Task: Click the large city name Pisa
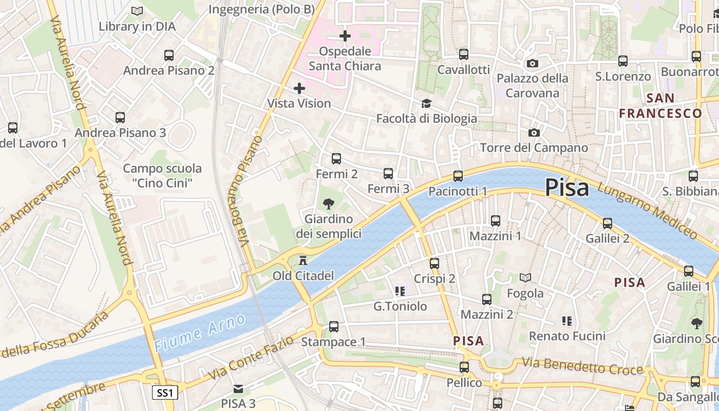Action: pos(566,188)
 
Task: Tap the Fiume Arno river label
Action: pos(200,333)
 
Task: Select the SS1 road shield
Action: pos(165,393)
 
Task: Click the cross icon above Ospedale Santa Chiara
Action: pos(345,36)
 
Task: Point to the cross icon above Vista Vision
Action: pos(299,88)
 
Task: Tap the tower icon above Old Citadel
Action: pos(303,260)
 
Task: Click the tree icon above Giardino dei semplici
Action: pos(329,204)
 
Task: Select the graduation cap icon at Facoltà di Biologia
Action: pos(426,104)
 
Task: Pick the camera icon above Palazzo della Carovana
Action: pos(533,63)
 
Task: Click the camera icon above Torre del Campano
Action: pos(534,133)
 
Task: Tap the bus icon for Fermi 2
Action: pos(336,159)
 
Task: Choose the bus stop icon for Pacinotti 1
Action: pos(458,176)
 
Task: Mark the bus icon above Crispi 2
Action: pos(434,264)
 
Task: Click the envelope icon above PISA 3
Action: pos(238,388)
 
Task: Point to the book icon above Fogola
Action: pos(525,278)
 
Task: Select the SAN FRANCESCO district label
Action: pos(660,106)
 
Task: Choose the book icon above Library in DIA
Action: pos(137,11)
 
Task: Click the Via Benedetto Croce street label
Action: pos(582,366)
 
